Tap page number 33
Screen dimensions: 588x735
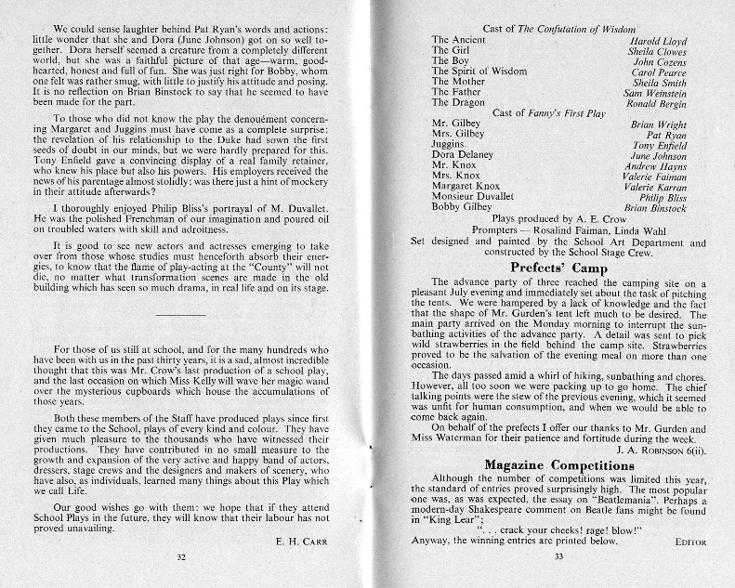point(558,557)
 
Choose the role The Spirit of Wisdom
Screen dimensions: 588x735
point(479,72)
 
